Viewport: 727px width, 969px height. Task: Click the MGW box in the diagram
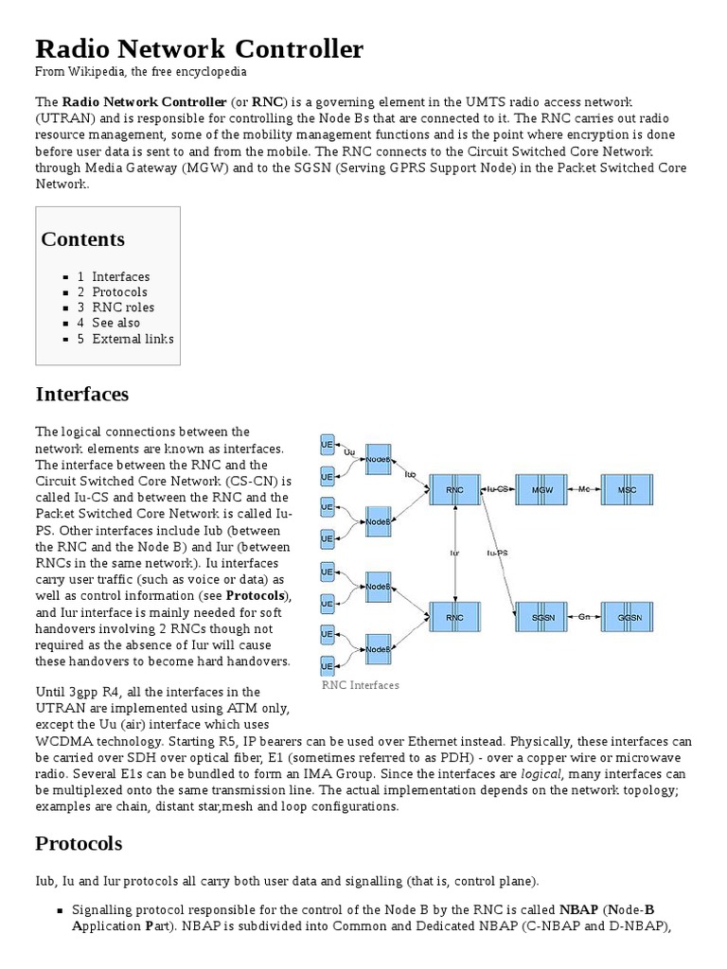click(x=542, y=490)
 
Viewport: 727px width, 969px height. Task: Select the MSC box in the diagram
click(x=627, y=490)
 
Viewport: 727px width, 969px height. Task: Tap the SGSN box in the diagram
click(x=542, y=617)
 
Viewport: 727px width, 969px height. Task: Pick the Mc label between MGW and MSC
click(x=584, y=489)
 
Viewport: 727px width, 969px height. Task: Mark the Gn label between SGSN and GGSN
click(x=584, y=617)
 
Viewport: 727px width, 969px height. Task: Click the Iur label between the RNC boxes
click(x=455, y=553)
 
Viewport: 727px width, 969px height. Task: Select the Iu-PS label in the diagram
click(x=497, y=553)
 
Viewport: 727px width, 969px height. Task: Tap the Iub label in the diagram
click(x=410, y=473)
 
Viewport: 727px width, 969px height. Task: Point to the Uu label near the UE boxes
click(x=349, y=453)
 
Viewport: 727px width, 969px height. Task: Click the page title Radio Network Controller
click(x=199, y=49)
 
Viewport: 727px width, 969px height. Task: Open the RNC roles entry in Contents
click(x=122, y=308)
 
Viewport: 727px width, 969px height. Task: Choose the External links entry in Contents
click(x=133, y=339)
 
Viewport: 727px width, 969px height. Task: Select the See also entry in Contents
click(x=115, y=323)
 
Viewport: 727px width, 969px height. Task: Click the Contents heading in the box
click(x=82, y=239)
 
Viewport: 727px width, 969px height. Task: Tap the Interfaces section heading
click(x=81, y=394)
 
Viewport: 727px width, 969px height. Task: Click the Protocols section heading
click(x=79, y=843)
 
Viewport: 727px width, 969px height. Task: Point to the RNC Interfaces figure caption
click(x=360, y=685)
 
